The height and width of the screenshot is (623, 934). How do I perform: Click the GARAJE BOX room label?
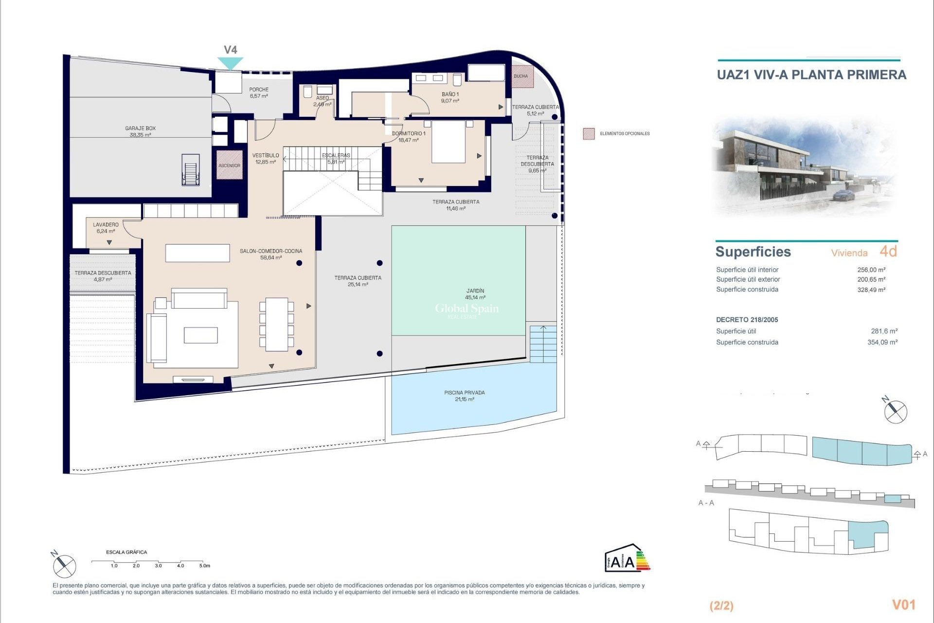pyautogui.click(x=140, y=131)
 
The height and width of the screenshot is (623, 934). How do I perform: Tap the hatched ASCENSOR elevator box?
pyautogui.click(x=229, y=165)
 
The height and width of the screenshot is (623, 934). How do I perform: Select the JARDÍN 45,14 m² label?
pyautogui.click(x=475, y=294)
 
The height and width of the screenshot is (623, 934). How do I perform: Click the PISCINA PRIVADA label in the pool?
pyautogui.click(x=464, y=396)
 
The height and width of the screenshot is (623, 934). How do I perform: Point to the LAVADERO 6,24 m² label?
pyautogui.click(x=106, y=228)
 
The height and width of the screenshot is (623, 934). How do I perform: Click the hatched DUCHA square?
pyautogui.click(x=522, y=76)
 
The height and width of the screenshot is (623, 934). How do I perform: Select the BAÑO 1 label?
pyautogui.click(x=450, y=97)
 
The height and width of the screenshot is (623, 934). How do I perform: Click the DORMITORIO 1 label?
pyautogui.click(x=409, y=136)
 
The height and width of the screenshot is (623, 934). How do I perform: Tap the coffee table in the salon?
pyautogui.click(x=200, y=335)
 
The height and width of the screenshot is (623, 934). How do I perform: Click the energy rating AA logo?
pyautogui.click(x=627, y=558)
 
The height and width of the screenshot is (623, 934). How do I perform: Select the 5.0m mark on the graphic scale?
pyautogui.click(x=204, y=566)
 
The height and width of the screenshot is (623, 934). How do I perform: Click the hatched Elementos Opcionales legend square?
pyautogui.click(x=589, y=134)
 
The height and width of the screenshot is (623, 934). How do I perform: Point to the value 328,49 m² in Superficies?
pyautogui.click(x=871, y=290)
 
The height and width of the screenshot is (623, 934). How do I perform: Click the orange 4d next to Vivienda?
pyautogui.click(x=888, y=252)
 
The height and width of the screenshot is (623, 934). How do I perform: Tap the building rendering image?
pyautogui.click(x=805, y=165)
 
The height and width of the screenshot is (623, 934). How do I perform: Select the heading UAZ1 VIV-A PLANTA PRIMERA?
pyautogui.click(x=811, y=75)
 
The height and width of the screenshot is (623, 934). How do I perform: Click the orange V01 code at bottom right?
pyautogui.click(x=903, y=605)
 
